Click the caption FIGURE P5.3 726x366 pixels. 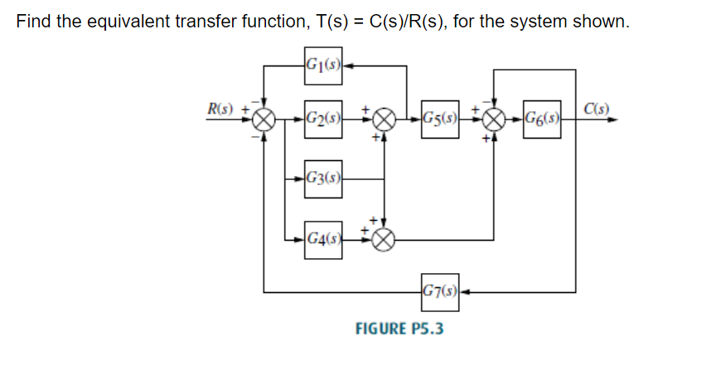(399, 329)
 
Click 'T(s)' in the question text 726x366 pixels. (325, 21)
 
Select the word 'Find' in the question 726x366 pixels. (33, 21)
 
